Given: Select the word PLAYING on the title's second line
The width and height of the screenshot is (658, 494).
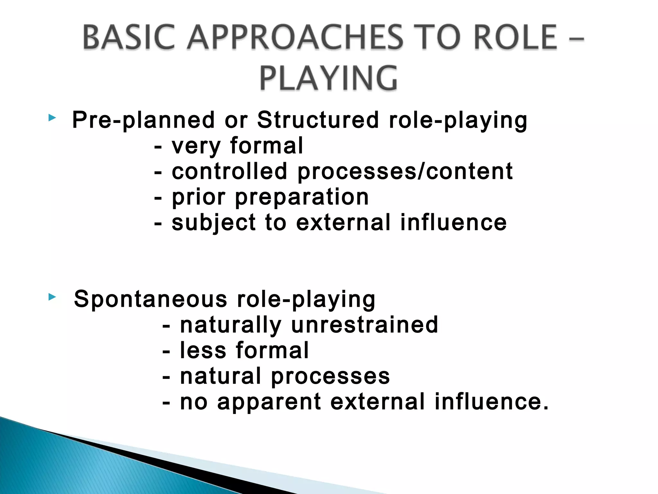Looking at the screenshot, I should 328,78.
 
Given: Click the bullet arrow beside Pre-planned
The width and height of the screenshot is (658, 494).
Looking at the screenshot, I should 52,118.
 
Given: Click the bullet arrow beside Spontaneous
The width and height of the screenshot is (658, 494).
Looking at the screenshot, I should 52,297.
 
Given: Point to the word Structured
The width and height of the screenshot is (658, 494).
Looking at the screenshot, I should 318,120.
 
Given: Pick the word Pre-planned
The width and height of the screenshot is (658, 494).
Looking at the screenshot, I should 143,120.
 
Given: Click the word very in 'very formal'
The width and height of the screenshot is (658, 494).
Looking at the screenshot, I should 196,146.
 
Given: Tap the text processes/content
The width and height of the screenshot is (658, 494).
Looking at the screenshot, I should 405,172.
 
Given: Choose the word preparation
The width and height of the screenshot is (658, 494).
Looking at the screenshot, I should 302,197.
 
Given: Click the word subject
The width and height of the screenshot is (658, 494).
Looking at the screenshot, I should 213,223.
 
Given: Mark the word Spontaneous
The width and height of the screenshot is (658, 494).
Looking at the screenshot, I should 151,299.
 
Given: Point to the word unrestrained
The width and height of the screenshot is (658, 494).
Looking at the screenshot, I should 364,325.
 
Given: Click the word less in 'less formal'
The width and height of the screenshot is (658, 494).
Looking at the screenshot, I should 203,350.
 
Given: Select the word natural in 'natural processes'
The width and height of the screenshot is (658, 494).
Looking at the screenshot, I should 220,376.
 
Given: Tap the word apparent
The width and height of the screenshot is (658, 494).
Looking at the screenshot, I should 269,402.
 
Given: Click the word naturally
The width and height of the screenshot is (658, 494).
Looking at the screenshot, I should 231,325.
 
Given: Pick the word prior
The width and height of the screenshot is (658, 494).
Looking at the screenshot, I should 199,197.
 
